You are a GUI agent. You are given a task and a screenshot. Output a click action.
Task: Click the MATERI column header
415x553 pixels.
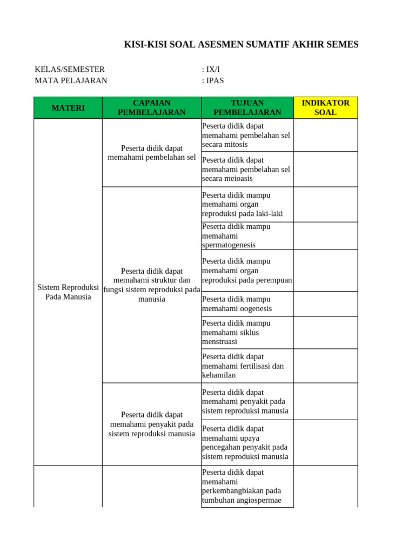coord(68,108)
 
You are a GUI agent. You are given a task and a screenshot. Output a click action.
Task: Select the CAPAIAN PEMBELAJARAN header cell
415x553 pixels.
coord(151,108)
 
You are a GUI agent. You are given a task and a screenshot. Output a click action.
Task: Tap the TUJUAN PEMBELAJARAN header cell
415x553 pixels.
coord(247,108)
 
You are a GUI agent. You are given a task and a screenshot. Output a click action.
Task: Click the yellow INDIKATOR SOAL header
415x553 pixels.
coord(325,108)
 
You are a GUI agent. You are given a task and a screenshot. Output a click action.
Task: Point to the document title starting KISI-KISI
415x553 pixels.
coord(241,45)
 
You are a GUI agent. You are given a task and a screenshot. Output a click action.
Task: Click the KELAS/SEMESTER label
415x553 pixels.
coord(70,70)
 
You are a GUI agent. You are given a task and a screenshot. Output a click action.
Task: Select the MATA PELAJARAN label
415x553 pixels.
coord(71,81)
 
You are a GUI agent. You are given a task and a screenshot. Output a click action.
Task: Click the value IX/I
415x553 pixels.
coord(211,70)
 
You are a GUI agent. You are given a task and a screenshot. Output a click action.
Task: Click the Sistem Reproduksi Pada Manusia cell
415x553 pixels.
coord(68,292)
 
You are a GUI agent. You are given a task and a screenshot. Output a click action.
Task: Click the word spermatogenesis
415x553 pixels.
coord(229,245)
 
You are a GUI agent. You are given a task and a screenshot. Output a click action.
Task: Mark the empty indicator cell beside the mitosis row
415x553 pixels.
coord(325,136)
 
